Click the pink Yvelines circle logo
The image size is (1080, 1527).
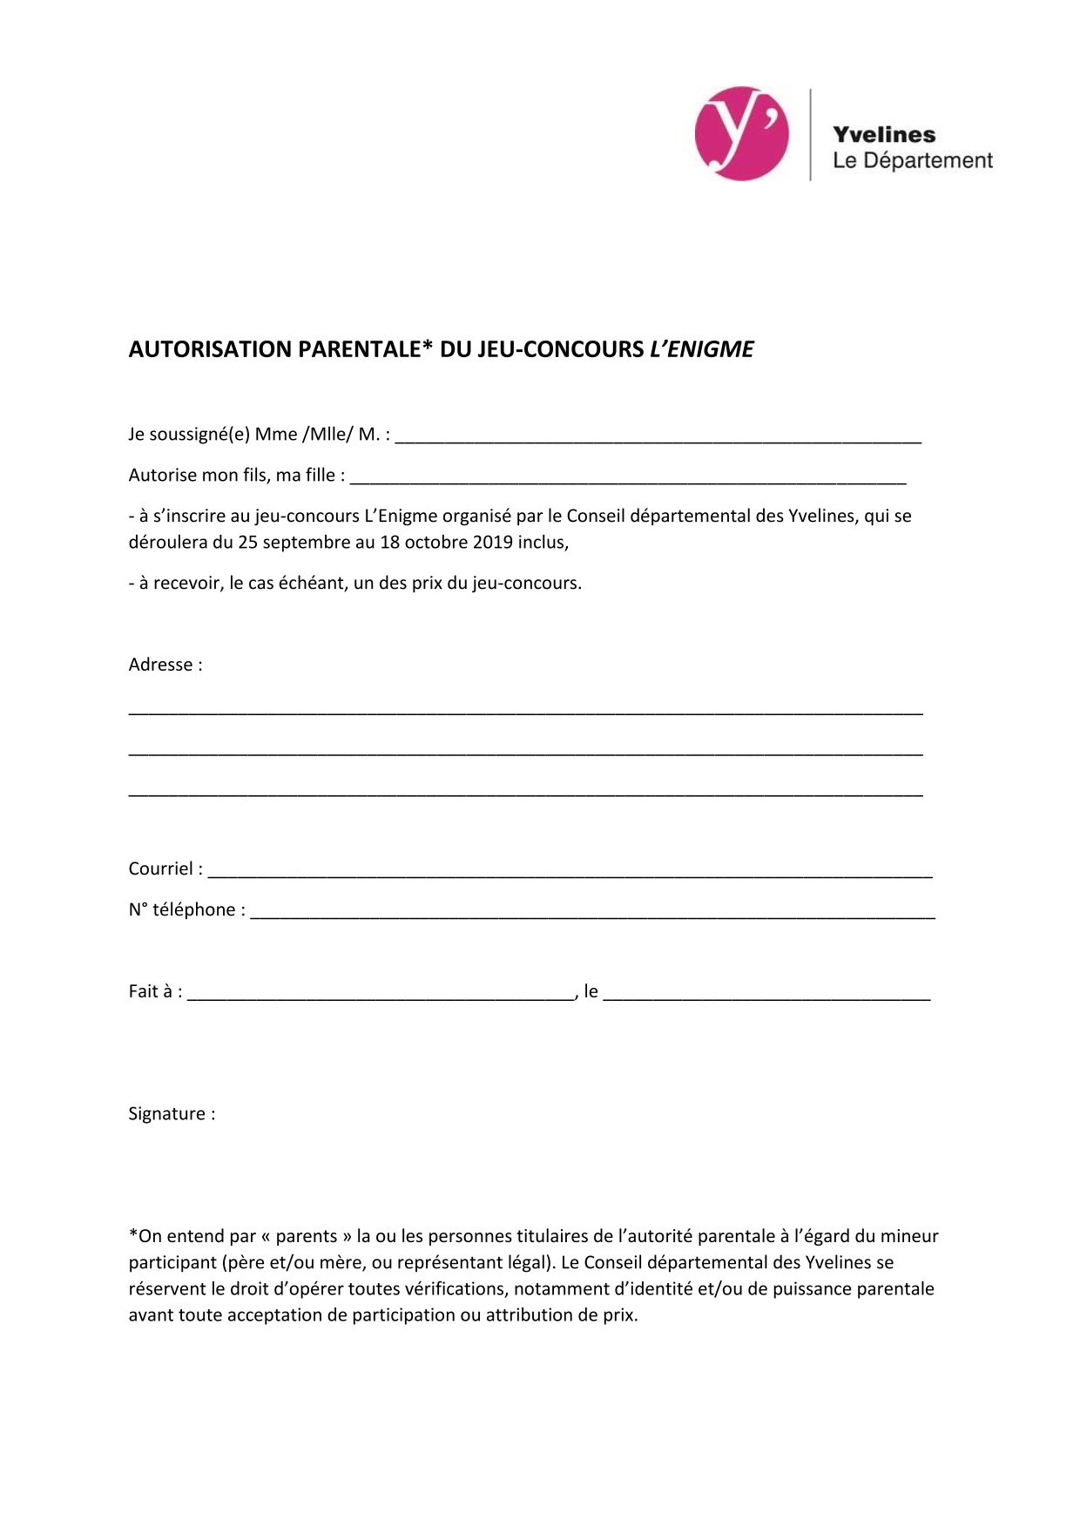coord(741,133)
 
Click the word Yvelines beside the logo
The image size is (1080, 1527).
coord(883,134)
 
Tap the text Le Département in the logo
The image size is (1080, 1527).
coord(912,160)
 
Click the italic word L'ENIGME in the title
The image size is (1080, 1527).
coord(702,349)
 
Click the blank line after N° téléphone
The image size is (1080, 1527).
coord(592,913)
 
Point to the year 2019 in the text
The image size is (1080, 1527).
coord(493,542)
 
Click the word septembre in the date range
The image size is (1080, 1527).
coord(305,542)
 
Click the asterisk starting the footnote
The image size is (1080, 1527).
coord(133,1234)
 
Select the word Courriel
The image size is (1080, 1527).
coord(160,868)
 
